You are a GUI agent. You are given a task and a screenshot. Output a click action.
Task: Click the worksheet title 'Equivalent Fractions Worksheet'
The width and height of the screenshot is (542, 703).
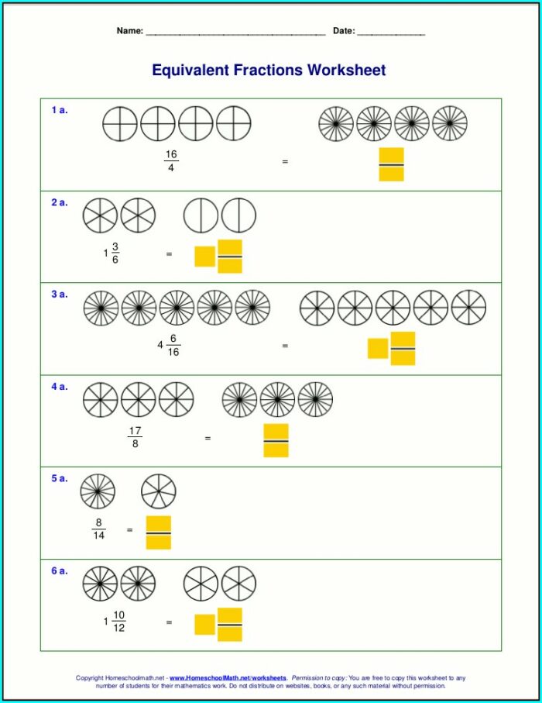269,71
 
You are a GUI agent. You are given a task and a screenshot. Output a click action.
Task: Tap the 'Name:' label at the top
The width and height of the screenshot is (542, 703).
129,31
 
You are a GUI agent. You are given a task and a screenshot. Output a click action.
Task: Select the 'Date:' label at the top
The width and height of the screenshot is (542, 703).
344,31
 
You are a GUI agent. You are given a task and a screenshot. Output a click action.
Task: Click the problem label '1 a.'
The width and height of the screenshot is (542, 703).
60,110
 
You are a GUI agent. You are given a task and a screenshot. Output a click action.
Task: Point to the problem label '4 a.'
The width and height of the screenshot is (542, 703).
60,386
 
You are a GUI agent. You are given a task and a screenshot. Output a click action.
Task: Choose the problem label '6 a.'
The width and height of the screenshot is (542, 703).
60,570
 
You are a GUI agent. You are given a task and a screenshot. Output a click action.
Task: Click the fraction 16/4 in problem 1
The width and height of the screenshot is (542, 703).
171,161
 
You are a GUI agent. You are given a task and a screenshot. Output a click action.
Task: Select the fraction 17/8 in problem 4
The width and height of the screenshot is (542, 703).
135,437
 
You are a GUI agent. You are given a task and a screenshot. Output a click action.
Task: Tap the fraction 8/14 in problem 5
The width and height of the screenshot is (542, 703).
98,529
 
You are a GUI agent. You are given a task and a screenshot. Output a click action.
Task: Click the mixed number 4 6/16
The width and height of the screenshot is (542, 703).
170,345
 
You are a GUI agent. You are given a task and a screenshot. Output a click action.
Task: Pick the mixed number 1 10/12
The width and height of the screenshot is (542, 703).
115,621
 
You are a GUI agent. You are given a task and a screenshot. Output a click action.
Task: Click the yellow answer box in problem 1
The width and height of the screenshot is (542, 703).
391,164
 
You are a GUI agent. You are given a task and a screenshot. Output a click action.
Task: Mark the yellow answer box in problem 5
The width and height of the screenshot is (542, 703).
158,532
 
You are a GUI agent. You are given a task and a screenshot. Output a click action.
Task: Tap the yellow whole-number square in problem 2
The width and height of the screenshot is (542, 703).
204,256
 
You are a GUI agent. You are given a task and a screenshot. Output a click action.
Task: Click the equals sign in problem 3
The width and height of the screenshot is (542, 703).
285,346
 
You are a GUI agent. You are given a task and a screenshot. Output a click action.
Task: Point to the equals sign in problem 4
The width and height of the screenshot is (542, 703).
208,438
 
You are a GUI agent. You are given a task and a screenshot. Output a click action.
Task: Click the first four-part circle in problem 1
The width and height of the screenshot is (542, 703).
120,124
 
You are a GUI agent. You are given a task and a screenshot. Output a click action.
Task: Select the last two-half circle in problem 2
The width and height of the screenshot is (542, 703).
238,215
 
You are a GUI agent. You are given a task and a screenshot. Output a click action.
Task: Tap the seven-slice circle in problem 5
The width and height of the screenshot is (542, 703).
159,491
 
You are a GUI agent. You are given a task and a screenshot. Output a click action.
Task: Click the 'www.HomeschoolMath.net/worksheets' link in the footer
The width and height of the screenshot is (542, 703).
228,678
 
